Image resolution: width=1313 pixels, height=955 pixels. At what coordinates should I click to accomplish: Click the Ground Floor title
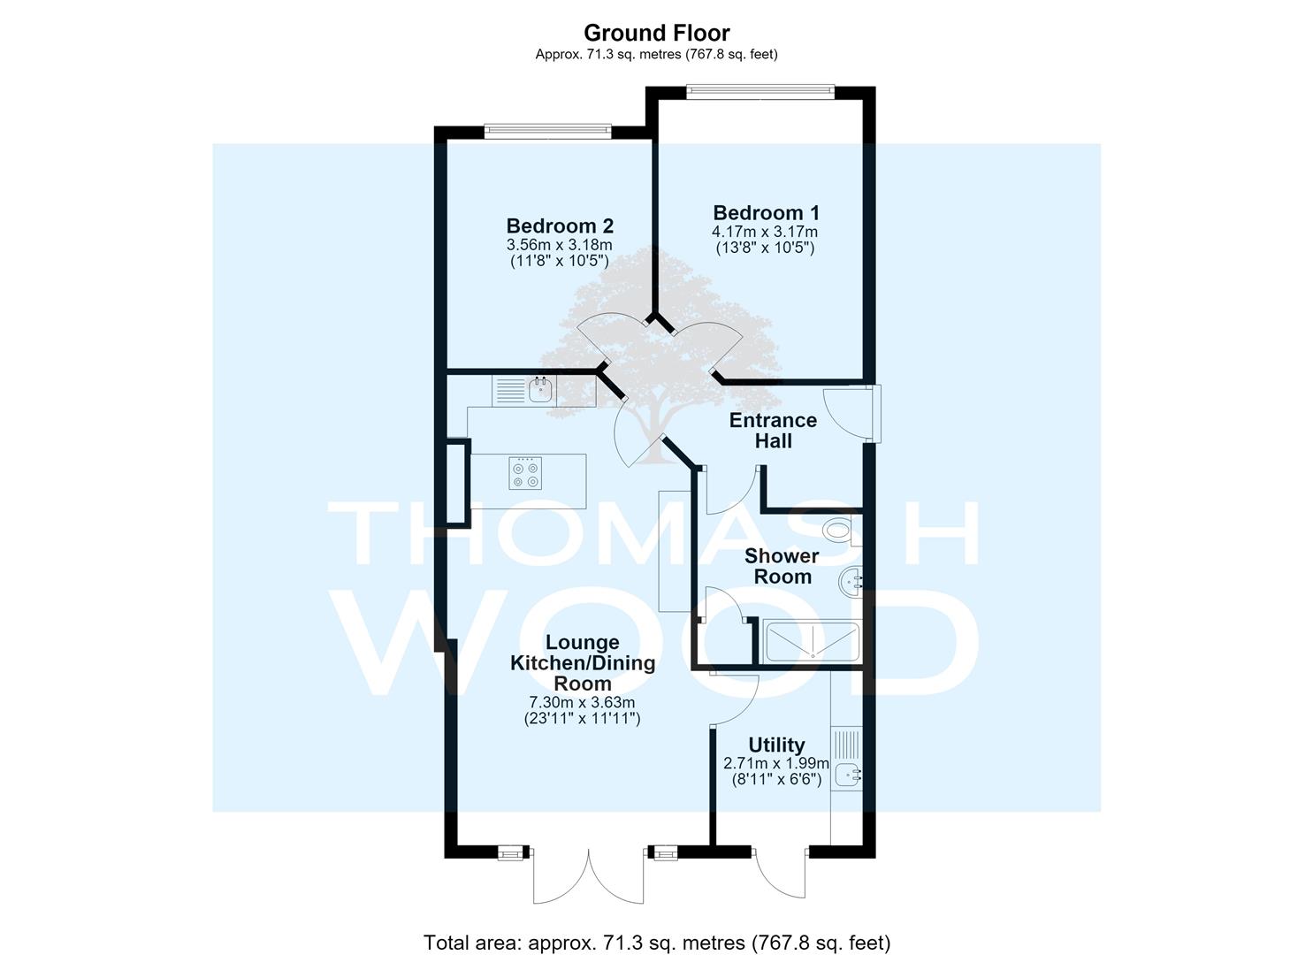(656, 33)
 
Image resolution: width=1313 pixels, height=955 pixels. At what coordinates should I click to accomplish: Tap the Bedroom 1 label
(766, 212)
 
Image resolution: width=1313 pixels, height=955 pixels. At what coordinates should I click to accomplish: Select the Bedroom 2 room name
(560, 225)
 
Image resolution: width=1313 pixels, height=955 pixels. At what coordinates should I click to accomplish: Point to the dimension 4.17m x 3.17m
(764, 232)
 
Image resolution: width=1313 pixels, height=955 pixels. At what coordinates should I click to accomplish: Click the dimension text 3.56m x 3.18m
(559, 244)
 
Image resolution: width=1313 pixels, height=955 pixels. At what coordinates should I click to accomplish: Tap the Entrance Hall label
(773, 431)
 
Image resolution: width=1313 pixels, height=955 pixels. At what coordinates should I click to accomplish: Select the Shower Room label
(782, 566)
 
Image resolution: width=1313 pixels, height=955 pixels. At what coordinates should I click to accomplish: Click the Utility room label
(776, 745)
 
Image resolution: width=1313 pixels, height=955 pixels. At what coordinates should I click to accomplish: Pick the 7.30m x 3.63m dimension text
(582, 702)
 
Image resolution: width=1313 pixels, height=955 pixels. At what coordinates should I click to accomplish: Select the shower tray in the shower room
(813, 643)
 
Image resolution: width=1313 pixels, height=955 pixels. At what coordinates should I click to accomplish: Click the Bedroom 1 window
(761, 89)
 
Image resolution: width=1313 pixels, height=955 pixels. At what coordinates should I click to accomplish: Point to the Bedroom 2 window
(548, 130)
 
